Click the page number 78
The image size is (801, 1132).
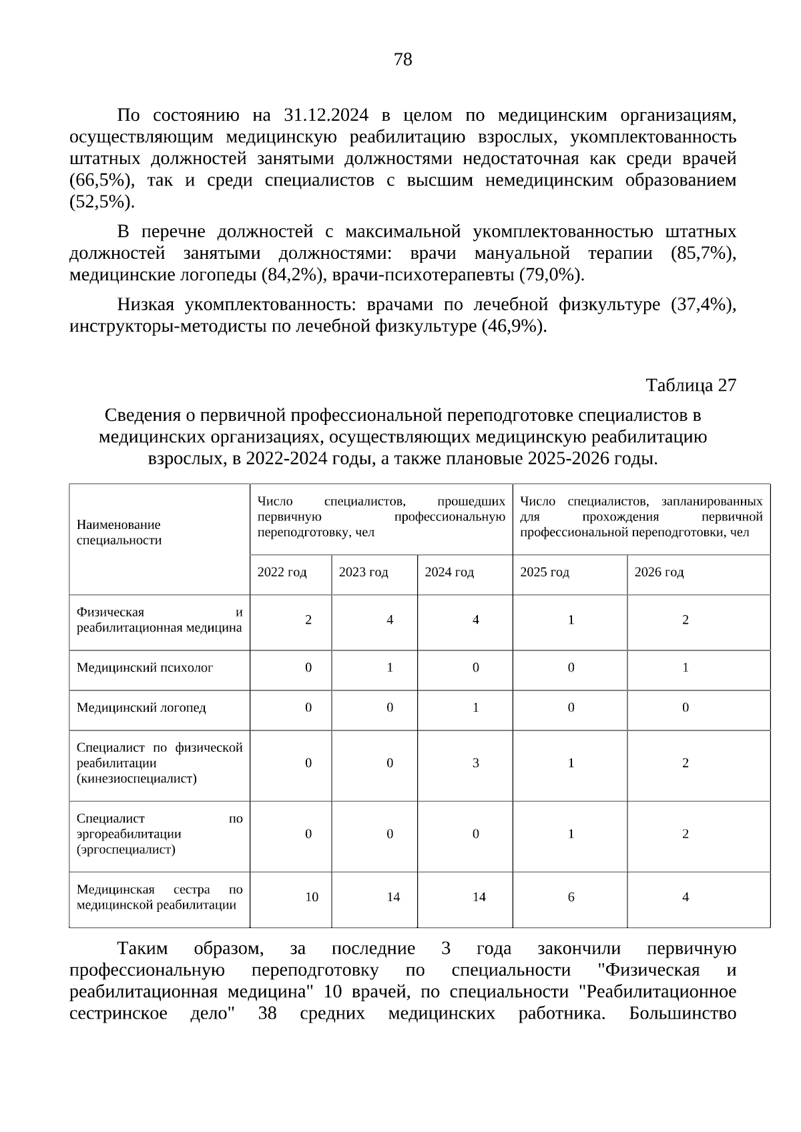tap(403, 60)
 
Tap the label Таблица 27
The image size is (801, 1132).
tap(691, 386)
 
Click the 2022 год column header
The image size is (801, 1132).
tap(282, 572)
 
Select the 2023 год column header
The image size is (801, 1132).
tap(363, 572)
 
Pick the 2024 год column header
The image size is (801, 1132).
tap(449, 572)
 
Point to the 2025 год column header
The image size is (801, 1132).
tap(544, 572)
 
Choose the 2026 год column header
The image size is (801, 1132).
tap(659, 572)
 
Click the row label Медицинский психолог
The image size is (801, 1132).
tap(145, 668)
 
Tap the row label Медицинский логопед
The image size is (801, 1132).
tap(142, 708)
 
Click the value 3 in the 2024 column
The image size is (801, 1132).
tap(476, 763)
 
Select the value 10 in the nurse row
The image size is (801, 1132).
tap(312, 897)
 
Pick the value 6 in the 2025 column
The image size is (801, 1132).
tap(571, 897)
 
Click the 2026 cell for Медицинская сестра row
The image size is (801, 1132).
tap(686, 897)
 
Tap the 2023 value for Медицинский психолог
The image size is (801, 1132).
tap(390, 668)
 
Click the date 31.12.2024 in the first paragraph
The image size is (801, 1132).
tap(326, 115)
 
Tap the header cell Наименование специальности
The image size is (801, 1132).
tap(119, 532)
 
